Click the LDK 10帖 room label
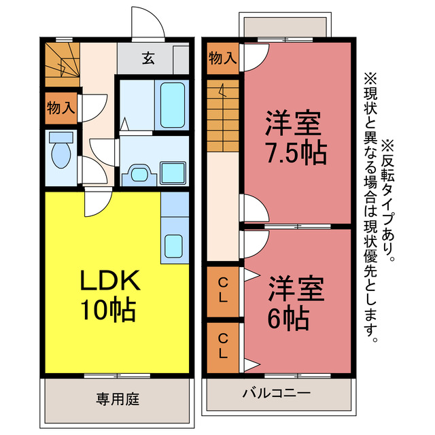(x=110, y=295)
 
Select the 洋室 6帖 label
(x=294, y=300)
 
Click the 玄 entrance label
(x=147, y=58)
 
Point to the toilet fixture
(x=60, y=154)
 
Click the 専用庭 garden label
(x=118, y=398)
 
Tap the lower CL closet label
(x=223, y=345)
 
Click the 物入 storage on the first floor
(x=61, y=107)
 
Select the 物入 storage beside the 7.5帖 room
(x=222, y=58)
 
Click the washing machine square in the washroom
(x=173, y=173)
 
